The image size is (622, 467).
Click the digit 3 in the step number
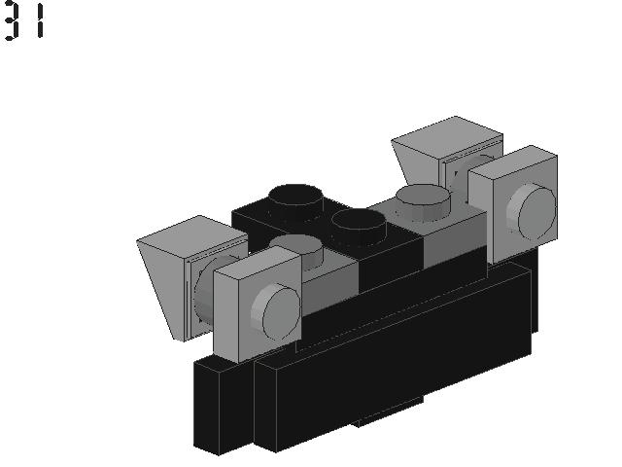pos(11,20)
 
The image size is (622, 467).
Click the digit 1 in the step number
pos(40,20)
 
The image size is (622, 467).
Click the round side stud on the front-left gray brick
pos(275,314)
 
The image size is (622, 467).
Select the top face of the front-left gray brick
pos(255,261)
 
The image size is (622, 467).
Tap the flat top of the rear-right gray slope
pos(447,131)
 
